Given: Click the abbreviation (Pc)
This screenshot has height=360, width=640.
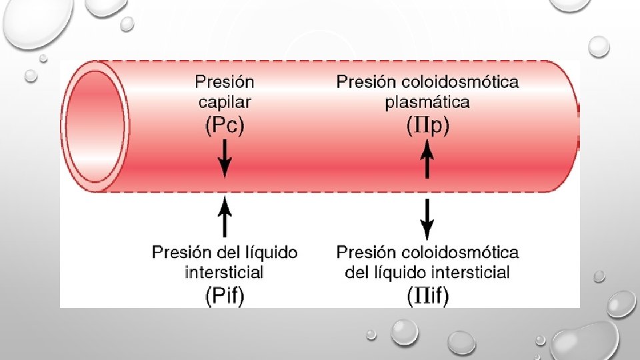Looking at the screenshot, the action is [225, 125].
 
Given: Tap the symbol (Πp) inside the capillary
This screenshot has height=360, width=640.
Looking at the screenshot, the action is [428, 125].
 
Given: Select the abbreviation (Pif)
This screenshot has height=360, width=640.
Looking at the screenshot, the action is [225, 295].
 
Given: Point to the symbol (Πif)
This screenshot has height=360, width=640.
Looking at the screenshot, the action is [428, 295].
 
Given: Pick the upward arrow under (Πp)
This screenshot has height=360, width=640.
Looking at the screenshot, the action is [428, 162].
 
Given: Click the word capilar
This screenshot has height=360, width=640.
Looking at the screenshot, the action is [225, 102].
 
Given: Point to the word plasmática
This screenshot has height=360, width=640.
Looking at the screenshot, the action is [427, 102].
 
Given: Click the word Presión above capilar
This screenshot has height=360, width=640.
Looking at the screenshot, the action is [225, 82].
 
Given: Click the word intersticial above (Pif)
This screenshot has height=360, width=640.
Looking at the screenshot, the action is [224, 272].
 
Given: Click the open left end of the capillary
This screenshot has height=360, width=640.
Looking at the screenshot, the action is [97, 127].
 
